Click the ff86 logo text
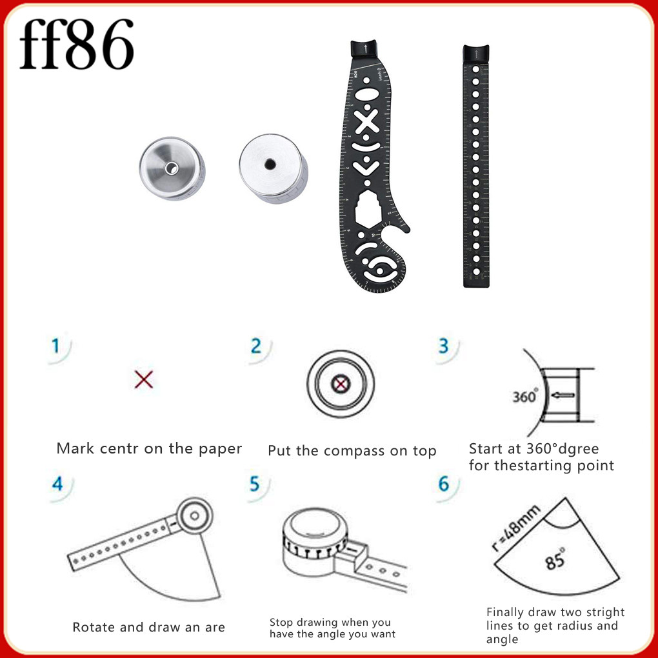[x=76, y=45]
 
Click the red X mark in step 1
[x=144, y=379]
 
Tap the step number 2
[x=256, y=346]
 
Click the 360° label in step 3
[x=524, y=396]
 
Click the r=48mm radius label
[x=515, y=530]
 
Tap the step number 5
[x=255, y=484]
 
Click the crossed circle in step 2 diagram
[x=339, y=386]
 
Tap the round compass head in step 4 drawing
[x=192, y=516]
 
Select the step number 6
[x=444, y=484]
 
